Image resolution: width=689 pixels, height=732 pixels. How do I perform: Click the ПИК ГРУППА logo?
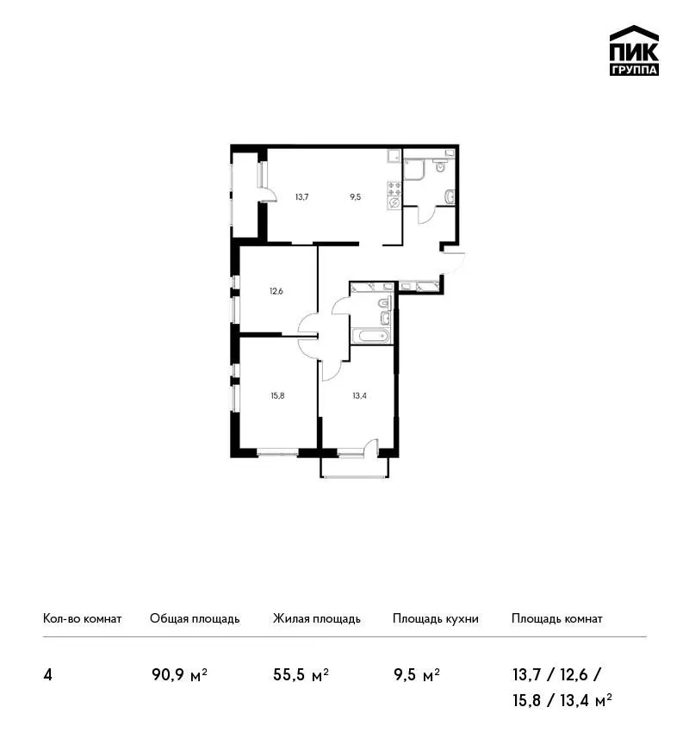(x=634, y=51)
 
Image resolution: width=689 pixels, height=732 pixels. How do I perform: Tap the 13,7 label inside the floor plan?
(x=301, y=197)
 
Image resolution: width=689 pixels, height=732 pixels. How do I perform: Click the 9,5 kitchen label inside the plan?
(x=355, y=197)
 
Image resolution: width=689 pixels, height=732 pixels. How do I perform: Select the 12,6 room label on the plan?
(x=276, y=291)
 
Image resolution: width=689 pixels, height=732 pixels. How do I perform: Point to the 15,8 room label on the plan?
(x=277, y=396)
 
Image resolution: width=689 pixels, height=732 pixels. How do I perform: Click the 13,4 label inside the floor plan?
(x=359, y=396)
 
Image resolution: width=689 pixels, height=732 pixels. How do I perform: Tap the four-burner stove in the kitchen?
(x=394, y=189)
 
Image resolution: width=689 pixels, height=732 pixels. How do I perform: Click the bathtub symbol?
(x=371, y=336)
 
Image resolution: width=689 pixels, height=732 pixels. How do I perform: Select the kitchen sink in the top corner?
(x=394, y=156)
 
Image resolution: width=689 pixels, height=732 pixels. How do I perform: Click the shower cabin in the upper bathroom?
(x=414, y=169)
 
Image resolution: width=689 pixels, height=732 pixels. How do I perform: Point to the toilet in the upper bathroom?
(x=440, y=165)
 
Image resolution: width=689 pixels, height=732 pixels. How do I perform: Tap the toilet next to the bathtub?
(x=384, y=303)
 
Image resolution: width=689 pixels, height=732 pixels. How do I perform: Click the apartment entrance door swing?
(x=454, y=263)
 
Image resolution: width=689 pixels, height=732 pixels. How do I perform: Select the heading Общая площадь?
(x=195, y=618)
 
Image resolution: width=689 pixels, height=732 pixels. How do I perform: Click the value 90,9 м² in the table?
(x=180, y=674)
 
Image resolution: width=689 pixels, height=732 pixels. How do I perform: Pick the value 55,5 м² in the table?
(x=301, y=674)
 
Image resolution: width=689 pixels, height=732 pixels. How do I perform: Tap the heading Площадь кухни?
(x=436, y=618)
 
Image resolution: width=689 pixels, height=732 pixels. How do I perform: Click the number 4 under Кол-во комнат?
(x=47, y=675)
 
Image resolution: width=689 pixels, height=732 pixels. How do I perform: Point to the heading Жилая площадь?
(x=317, y=618)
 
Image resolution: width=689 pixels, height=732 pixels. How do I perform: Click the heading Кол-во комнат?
(x=82, y=618)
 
